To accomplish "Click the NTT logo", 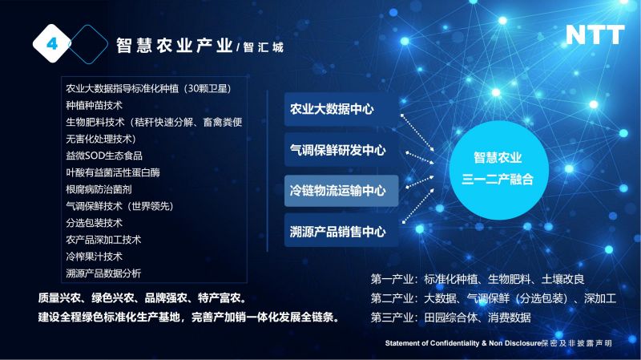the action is point(595,34).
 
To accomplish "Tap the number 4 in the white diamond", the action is point(52,43).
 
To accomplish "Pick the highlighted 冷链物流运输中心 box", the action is point(341,191).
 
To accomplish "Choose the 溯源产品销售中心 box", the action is point(341,231).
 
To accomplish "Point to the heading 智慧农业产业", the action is point(175,46).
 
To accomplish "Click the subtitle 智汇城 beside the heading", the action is point(264,47).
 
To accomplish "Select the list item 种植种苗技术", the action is point(94,106).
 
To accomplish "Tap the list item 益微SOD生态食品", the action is point(104,156).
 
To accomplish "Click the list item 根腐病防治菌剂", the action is point(99,189).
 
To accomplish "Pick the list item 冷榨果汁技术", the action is point(94,257).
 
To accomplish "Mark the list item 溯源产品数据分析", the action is point(103,273).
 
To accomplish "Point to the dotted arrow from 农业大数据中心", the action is point(417,133).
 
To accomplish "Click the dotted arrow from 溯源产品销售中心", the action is point(418,206).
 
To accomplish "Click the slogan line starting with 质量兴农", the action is point(143,297).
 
